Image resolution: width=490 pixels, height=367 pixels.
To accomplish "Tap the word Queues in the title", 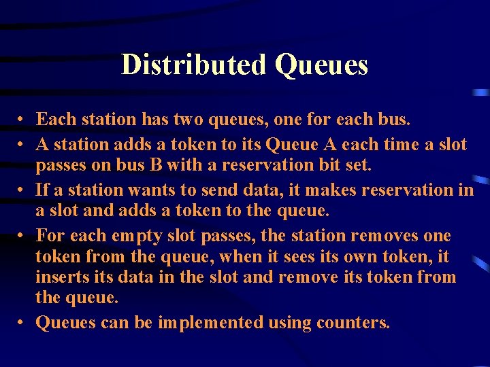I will (x=321, y=65).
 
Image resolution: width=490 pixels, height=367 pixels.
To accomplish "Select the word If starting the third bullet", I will (x=43, y=190).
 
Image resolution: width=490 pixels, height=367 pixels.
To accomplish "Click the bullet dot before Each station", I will (x=22, y=120).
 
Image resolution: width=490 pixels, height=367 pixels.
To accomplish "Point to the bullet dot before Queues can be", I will (x=22, y=323).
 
